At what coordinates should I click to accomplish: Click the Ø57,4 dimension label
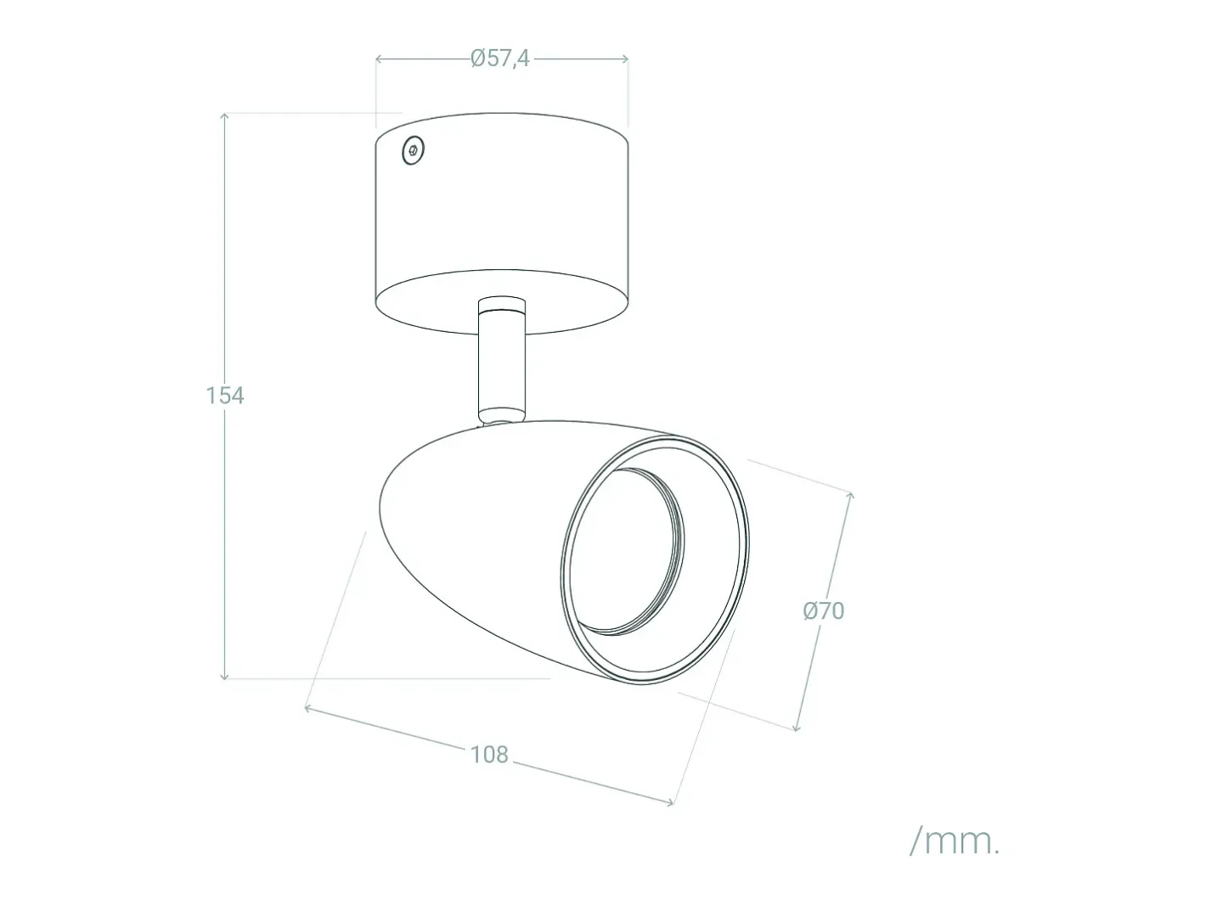click(x=500, y=59)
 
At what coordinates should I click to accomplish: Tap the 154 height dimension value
click(x=225, y=396)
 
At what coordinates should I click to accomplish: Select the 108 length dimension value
click(x=489, y=755)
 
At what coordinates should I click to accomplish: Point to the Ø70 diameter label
click(x=823, y=610)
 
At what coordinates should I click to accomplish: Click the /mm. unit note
click(x=955, y=841)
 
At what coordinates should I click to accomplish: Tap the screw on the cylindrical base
click(x=413, y=150)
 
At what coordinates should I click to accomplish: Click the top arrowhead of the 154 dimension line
click(x=224, y=116)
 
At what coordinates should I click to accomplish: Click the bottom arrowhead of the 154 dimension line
click(x=224, y=676)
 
